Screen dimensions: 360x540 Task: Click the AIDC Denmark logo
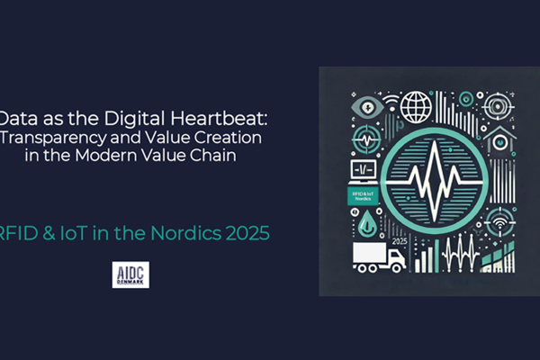pyautogui.click(x=131, y=276)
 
